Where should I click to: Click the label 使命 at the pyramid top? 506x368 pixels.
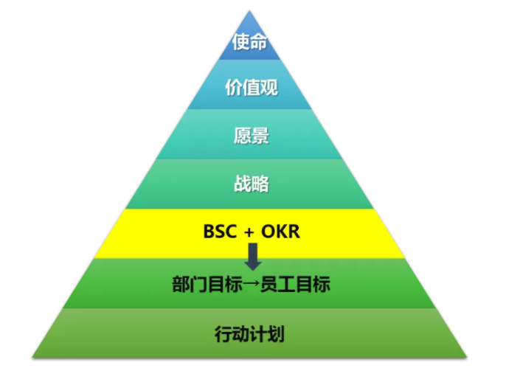tap(250, 41)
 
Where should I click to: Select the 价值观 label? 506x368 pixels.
tap(252, 87)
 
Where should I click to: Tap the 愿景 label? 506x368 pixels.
tap(252, 136)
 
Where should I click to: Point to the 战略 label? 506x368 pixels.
tap(252, 184)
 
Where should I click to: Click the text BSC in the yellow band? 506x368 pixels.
tap(220, 232)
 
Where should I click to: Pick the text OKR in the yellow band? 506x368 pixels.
tap(280, 232)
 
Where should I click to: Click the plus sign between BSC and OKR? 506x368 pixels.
tap(249, 232)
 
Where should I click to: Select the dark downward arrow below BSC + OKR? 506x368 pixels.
tap(253, 257)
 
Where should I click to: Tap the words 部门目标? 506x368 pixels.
tap(207, 284)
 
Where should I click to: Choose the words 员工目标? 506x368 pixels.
tap(295, 284)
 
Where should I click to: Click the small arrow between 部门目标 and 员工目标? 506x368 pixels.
tap(252, 284)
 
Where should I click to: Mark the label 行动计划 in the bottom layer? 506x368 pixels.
tap(249, 334)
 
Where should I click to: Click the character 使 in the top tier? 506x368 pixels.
tap(240, 41)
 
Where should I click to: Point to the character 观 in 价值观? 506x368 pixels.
tap(269, 87)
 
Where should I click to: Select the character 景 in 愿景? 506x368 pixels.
tap(260, 136)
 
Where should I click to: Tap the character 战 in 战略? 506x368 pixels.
tap(243, 184)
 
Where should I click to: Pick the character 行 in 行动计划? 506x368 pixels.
tap(223, 334)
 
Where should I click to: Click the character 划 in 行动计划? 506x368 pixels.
tap(276, 334)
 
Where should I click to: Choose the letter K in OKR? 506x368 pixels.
tap(281, 232)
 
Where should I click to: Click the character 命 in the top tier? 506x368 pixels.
tap(259, 42)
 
